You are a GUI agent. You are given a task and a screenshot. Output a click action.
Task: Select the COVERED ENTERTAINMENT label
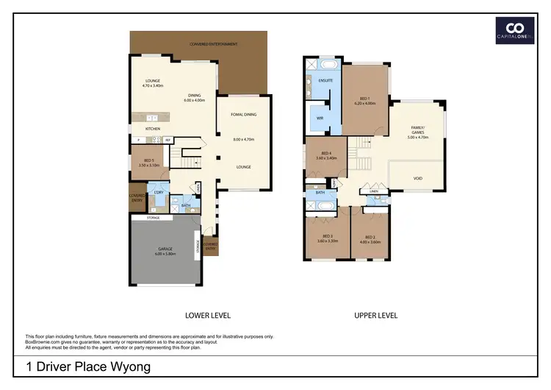pos(213,44)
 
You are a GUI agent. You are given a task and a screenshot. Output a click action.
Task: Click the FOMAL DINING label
pos(243,115)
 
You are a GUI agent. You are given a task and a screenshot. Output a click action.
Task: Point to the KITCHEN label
pos(153,129)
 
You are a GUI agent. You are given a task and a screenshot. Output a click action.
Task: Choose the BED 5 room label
pos(149,162)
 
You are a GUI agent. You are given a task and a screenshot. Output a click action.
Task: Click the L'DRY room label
pos(158,192)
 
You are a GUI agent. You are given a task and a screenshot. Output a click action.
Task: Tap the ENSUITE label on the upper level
pos(326,79)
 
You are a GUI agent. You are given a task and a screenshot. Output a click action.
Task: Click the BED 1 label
pos(364,101)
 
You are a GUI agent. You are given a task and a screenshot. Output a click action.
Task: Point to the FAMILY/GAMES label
pos(417,131)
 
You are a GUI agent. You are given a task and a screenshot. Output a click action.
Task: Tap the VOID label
pos(417,178)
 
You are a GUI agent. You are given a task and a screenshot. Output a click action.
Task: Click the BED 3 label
pos(326,238)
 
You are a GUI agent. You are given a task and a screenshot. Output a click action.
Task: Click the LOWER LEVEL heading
pos(208,315)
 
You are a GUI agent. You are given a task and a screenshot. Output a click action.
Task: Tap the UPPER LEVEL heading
pos(375,315)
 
